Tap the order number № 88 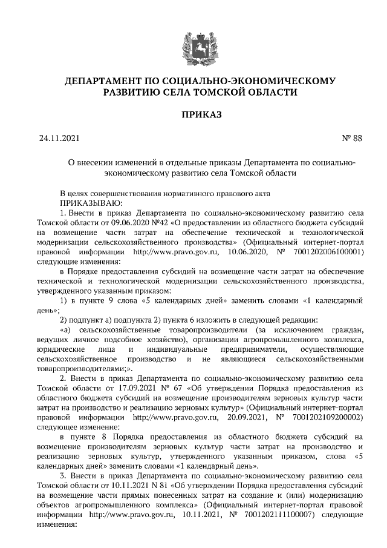(352, 138)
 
